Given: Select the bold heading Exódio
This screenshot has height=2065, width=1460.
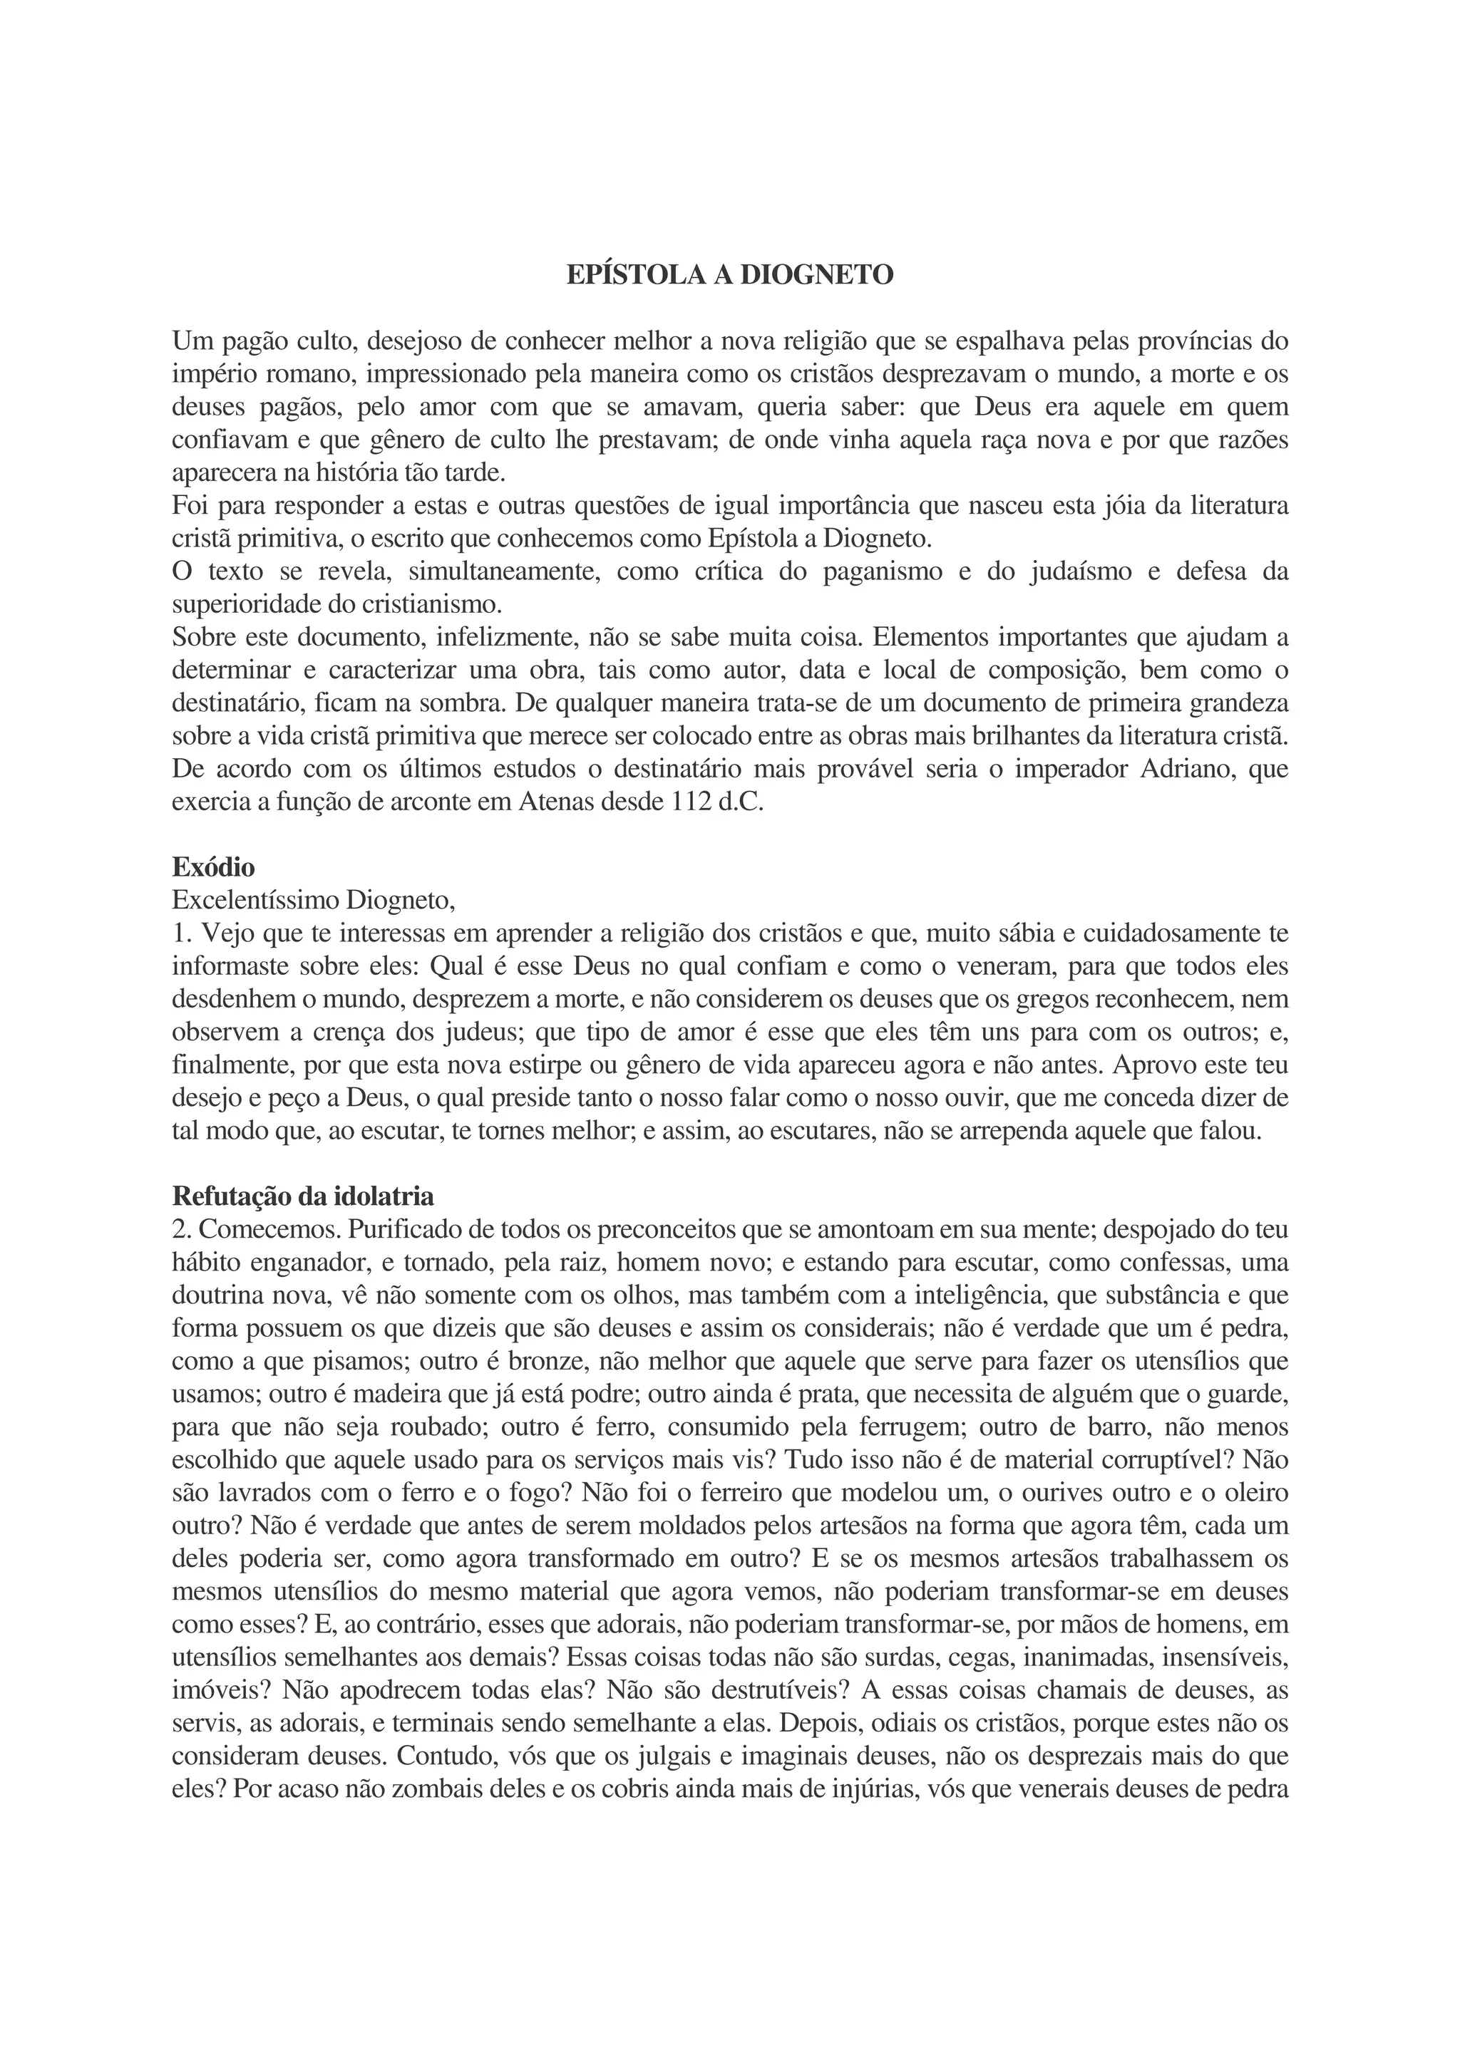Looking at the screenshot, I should pyautogui.click(x=213, y=868).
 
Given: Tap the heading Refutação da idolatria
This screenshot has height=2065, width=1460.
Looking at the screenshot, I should pyautogui.click(x=303, y=1197).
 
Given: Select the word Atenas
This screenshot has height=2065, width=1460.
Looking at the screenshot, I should pyautogui.click(x=560, y=802).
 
